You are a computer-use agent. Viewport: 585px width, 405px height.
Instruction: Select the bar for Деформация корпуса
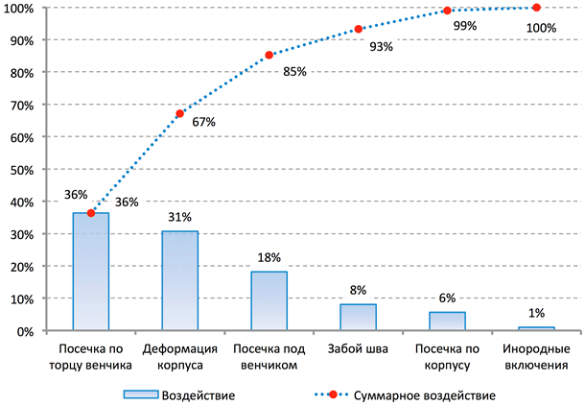tap(179, 280)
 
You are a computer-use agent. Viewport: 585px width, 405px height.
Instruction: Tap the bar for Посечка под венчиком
tap(269, 301)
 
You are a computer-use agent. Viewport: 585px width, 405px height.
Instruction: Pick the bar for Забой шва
tap(358, 318)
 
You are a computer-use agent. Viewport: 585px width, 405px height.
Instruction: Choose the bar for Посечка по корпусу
tap(447, 322)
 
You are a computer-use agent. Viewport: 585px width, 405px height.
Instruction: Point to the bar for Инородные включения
tap(536, 328)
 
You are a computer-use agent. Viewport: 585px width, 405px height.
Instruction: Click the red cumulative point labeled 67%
tap(179, 113)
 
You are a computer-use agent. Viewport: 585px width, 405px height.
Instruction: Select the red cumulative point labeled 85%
tap(269, 55)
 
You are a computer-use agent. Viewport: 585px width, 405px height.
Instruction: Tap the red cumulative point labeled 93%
tap(358, 29)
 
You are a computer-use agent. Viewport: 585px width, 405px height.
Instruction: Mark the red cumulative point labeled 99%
tap(447, 11)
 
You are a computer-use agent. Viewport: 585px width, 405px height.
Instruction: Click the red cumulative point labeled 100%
tap(536, 8)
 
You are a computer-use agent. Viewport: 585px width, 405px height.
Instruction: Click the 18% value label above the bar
tap(269, 258)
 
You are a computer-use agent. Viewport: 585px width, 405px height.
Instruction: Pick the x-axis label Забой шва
tap(358, 349)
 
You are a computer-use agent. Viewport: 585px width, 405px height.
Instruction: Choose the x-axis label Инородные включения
tap(536, 357)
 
